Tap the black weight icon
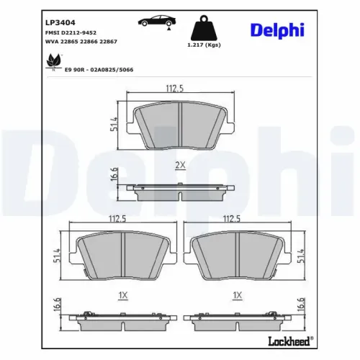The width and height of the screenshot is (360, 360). [x=203, y=31]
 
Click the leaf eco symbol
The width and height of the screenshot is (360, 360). [x=53, y=64]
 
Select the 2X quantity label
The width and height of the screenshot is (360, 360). [x=180, y=165]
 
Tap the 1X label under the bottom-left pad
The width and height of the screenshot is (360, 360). [x=122, y=294]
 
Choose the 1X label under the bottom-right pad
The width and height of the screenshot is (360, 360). [x=238, y=294]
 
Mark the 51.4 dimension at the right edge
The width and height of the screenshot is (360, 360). [x=302, y=256]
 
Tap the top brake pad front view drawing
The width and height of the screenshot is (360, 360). [x=179, y=126]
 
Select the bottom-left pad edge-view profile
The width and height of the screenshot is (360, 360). [x=120, y=318]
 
